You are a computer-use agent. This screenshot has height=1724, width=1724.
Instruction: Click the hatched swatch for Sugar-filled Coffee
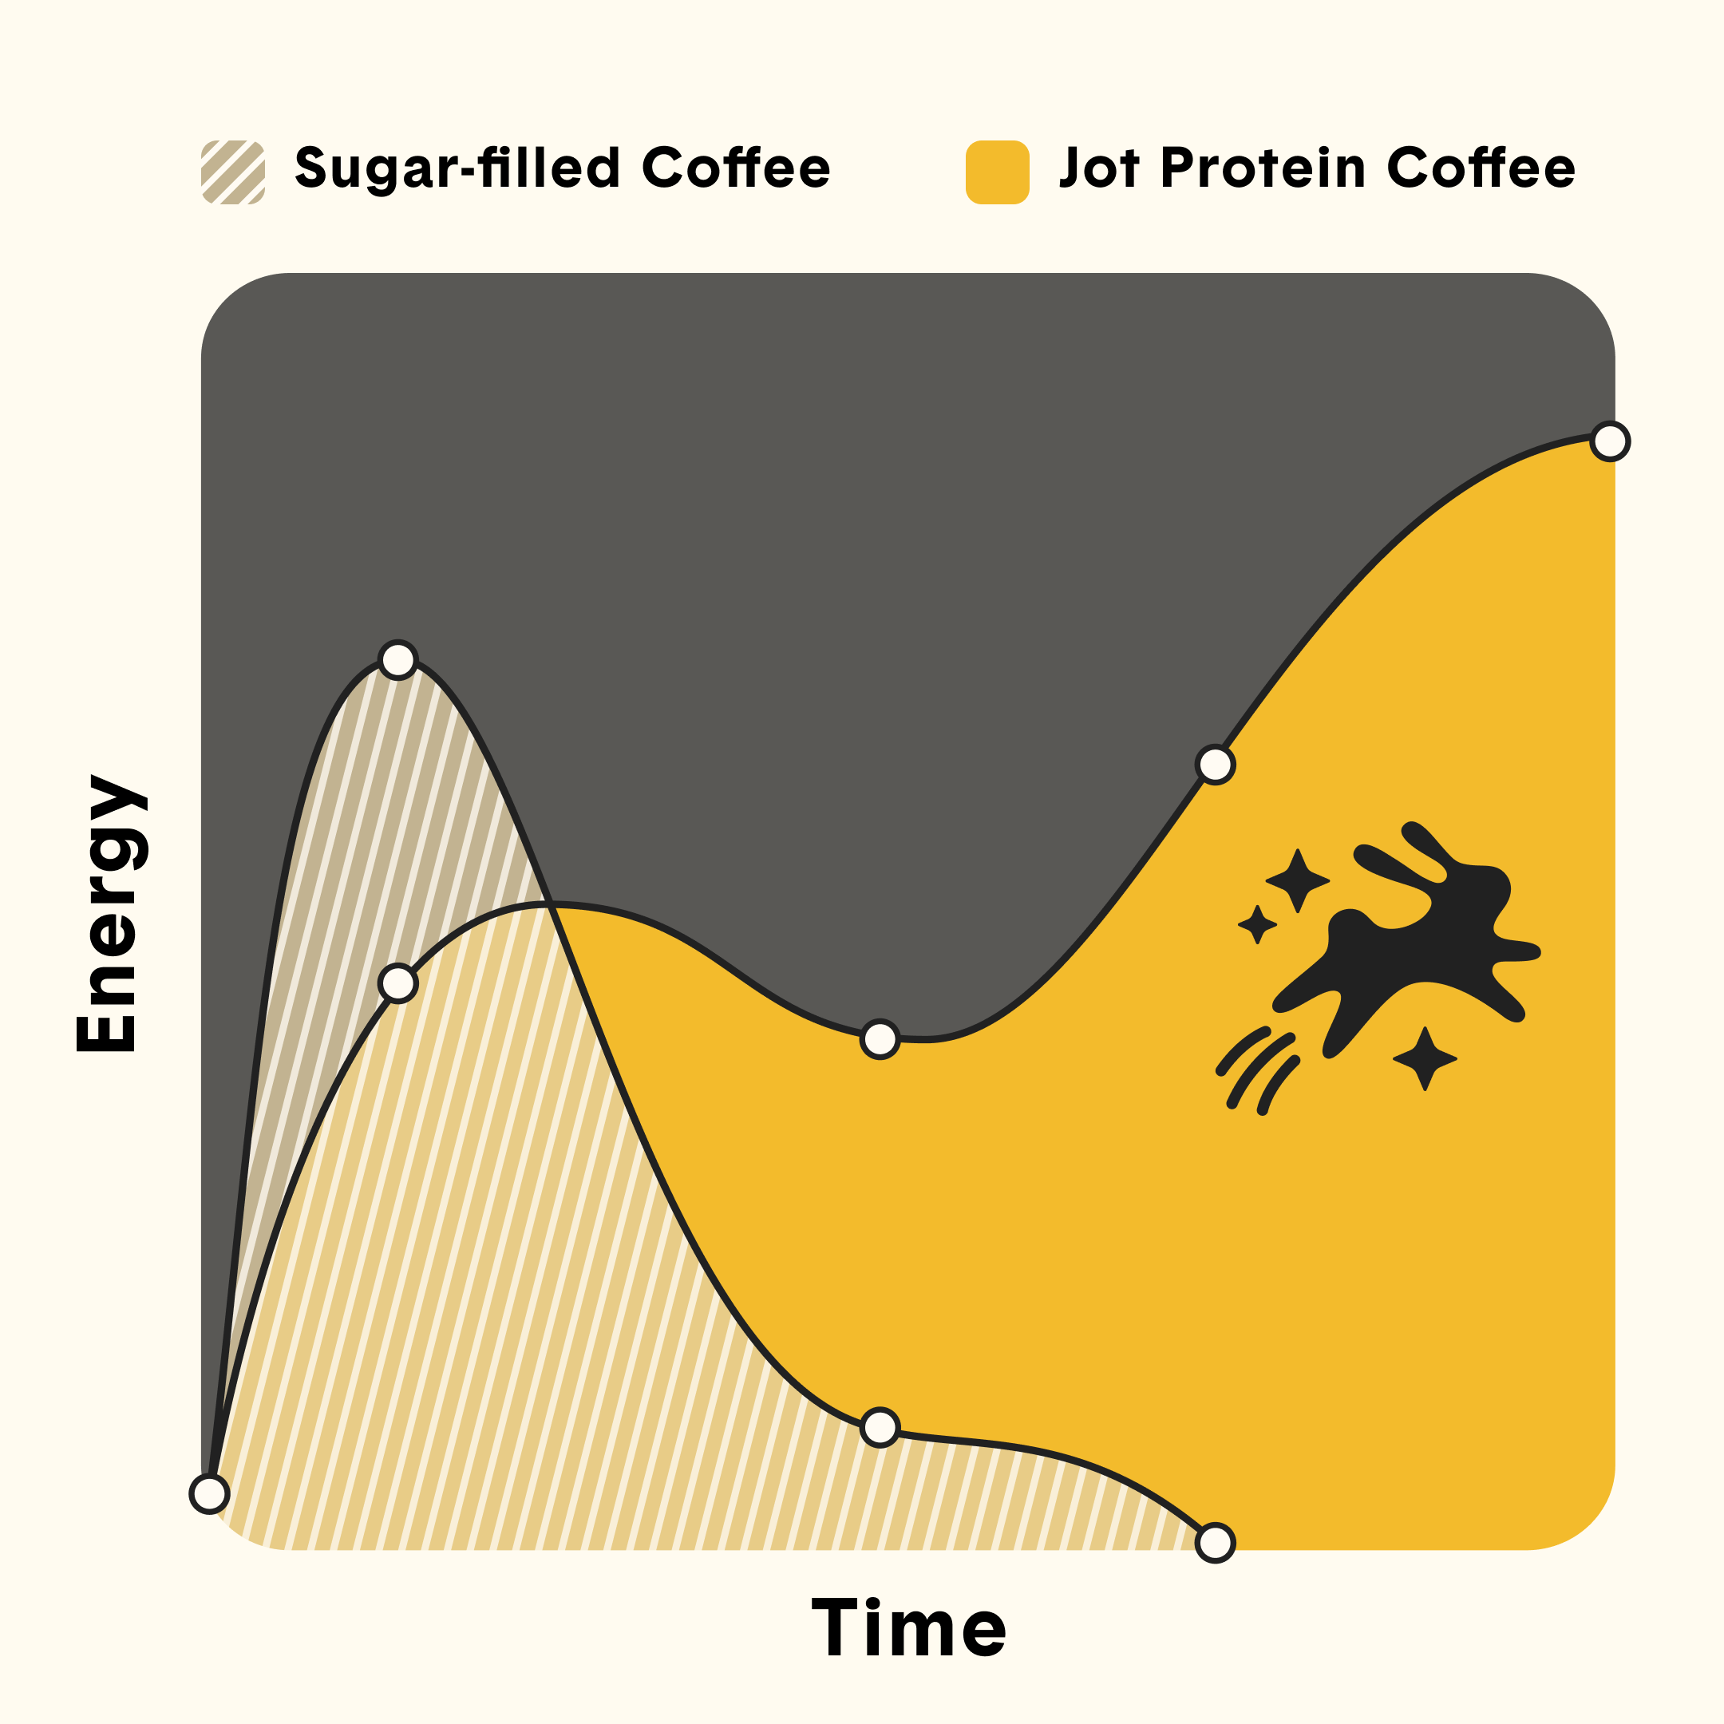[233, 172]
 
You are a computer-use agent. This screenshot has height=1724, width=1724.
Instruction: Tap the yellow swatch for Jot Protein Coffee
[998, 172]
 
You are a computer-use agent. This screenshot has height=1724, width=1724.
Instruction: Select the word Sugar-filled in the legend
[457, 168]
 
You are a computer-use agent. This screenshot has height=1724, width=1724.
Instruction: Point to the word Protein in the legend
[1263, 168]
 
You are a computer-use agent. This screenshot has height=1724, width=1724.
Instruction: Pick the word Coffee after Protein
[1481, 168]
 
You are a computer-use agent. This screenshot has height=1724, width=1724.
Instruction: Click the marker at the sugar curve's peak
[398, 660]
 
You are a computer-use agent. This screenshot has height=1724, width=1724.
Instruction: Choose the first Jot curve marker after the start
[398, 983]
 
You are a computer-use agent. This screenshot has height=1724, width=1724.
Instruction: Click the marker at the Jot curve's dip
[880, 1038]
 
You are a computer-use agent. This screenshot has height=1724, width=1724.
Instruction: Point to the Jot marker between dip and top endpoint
[1216, 765]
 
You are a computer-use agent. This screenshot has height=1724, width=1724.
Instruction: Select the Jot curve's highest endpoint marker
[1611, 441]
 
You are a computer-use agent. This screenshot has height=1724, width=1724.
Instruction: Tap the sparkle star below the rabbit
[1425, 1058]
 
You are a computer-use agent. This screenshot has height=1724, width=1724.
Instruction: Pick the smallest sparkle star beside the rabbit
[1257, 924]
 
